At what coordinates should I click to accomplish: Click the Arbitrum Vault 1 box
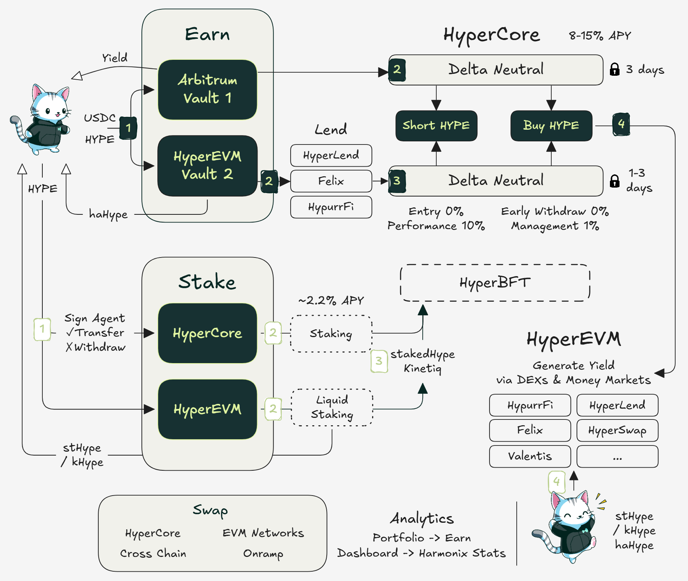tap(207, 89)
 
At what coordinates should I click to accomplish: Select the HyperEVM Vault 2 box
tap(207, 165)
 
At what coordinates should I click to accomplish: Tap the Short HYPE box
tap(436, 125)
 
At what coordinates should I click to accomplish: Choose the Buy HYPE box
tap(551, 125)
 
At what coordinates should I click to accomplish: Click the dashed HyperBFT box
tap(495, 283)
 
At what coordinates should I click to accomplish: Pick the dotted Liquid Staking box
tap(332, 407)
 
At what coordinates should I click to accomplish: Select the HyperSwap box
tap(617, 430)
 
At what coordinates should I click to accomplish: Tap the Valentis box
tap(530, 456)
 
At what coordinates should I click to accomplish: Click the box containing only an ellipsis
tap(617, 456)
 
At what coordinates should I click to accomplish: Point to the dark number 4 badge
tap(621, 124)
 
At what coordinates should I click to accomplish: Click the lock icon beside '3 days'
tap(615, 70)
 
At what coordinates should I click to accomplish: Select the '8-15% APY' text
tap(600, 36)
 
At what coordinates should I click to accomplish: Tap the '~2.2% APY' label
tap(331, 301)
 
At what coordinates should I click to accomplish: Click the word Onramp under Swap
tap(263, 553)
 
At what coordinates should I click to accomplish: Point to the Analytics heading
tap(422, 518)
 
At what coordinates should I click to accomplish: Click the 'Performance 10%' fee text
tap(436, 226)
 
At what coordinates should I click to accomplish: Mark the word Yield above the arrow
tap(115, 58)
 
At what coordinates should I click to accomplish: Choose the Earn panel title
tap(207, 34)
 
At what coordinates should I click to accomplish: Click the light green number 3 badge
tap(379, 361)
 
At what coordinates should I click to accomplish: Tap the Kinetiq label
tap(422, 368)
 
